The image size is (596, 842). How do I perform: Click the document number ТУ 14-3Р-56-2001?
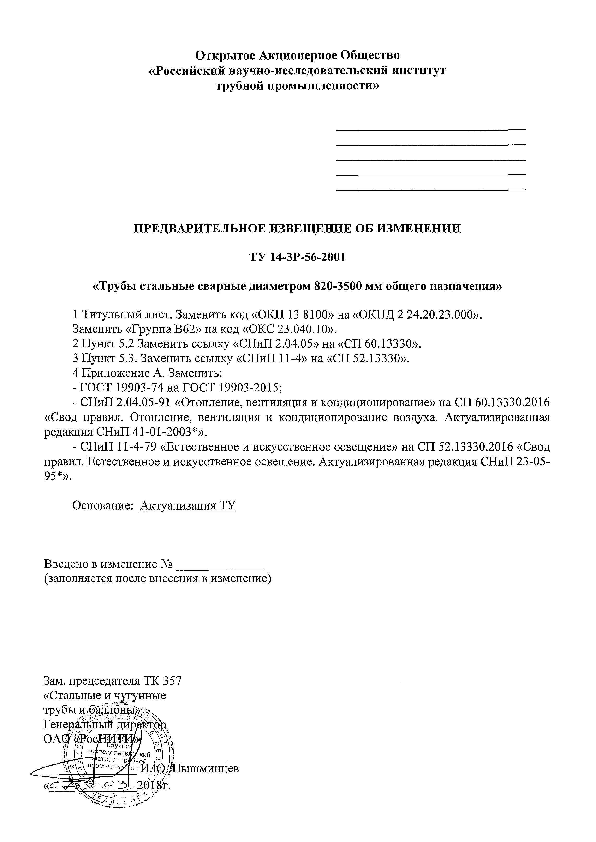(297, 257)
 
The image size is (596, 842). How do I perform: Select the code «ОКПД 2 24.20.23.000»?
(417, 315)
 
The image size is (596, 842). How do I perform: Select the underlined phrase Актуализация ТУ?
(188, 506)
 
